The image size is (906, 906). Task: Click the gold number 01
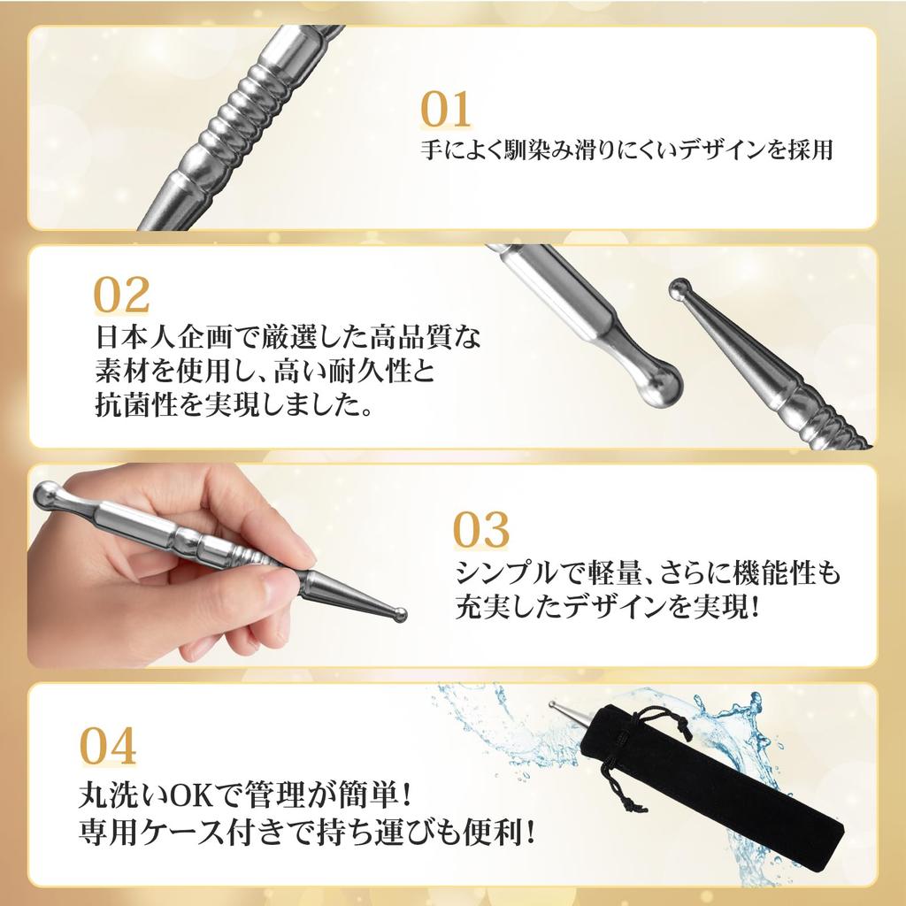[445, 110]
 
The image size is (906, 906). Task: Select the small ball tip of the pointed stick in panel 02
[679, 287]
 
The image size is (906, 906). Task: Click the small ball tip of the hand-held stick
[400, 612]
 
